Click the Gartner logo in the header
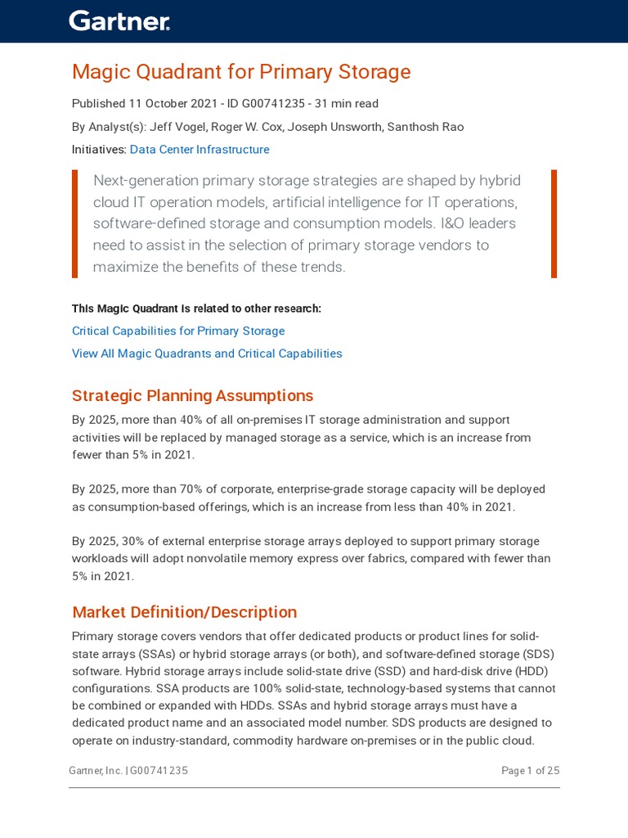pos(119,21)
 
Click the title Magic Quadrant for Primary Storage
pos(241,72)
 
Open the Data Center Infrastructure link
pos(200,150)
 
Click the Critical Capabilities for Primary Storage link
pos(178,331)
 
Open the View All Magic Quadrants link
pos(207,354)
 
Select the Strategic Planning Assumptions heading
pos(192,396)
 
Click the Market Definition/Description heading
pos(184,612)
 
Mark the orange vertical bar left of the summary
pos(75,223)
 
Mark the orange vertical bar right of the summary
pos(554,223)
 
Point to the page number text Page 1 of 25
pos(530,771)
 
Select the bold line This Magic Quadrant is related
pos(196,309)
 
